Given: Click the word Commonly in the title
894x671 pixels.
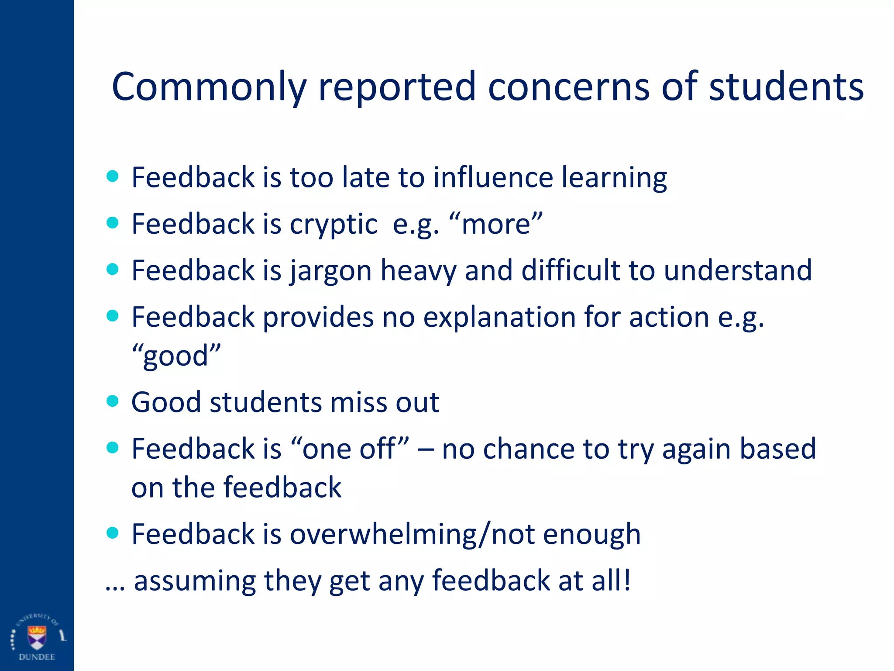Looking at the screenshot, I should tap(210, 87).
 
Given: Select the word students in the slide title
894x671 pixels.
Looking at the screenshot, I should tap(786, 87).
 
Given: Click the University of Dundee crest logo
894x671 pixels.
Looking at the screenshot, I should tap(37, 637).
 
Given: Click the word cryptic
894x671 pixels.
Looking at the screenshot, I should tap(334, 225).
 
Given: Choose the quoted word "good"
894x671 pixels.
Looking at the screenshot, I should tap(176, 356).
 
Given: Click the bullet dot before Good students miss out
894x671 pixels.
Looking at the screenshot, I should tap(113, 401).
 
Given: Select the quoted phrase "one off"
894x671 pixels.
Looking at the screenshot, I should tap(350, 449).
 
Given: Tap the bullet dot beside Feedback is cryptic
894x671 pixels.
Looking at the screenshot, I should tap(113, 223).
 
